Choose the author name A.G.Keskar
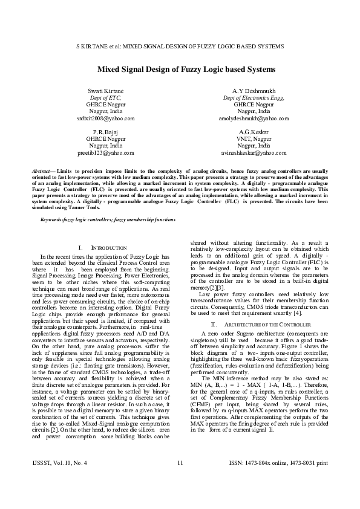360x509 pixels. [x=245, y=131]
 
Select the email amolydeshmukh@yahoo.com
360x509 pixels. [x=246, y=119]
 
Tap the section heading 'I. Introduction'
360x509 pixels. [x=103, y=248]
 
